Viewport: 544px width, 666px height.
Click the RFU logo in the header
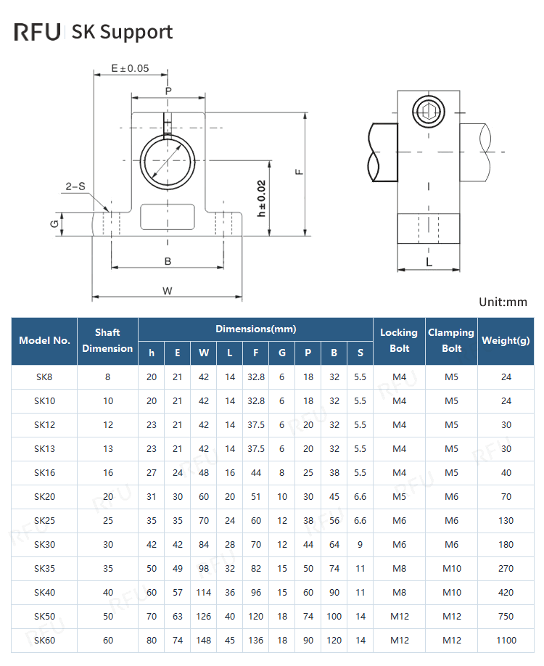tap(37, 32)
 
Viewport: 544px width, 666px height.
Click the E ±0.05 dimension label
tap(130, 68)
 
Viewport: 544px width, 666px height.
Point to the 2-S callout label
tap(75, 186)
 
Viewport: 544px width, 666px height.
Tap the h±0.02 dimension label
tap(262, 198)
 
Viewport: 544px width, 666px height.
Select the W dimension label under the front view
tap(167, 291)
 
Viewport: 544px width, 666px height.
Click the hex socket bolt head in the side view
tap(427, 111)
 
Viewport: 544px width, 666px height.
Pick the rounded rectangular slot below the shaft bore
tap(168, 216)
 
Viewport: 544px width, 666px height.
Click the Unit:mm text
tap(503, 302)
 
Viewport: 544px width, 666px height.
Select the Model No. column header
tap(44, 340)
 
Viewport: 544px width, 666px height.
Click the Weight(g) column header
tap(506, 340)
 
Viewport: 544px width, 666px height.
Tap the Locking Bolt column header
tap(399, 340)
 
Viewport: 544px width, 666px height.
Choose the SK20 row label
tap(44, 497)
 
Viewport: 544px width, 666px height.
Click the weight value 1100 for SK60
tap(506, 641)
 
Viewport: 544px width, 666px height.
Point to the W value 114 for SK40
tap(204, 593)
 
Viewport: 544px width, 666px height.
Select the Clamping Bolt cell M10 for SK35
tap(451, 569)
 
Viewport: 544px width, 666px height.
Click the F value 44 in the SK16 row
tap(256, 473)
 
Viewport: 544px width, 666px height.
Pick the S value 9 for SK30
tap(360, 545)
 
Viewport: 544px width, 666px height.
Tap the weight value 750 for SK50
tap(506, 617)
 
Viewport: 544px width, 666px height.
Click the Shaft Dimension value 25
tap(108, 521)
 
